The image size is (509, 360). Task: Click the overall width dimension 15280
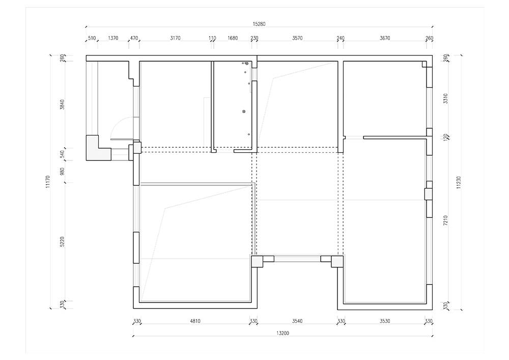(259, 24)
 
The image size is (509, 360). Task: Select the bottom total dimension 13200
(282, 333)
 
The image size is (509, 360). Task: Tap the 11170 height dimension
(48, 182)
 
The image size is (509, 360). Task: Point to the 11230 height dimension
(459, 182)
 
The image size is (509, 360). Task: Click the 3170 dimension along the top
(175, 38)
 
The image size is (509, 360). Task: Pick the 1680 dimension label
(233, 38)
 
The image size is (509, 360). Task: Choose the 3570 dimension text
(297, 38)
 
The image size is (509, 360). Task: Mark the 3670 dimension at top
(385, 38)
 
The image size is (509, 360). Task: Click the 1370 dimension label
(113, 38)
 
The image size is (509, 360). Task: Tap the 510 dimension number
(92, 38)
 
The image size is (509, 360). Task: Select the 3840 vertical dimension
(62, 104)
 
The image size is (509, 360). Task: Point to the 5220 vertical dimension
(62, 241)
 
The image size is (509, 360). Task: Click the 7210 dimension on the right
(445, 221)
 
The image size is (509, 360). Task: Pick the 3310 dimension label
(445, 98)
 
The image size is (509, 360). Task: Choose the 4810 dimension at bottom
(195, 321)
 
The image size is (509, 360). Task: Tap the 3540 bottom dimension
(297, 321)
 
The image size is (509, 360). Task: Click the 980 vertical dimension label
(62, 172)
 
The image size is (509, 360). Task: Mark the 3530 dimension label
(385, 321)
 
